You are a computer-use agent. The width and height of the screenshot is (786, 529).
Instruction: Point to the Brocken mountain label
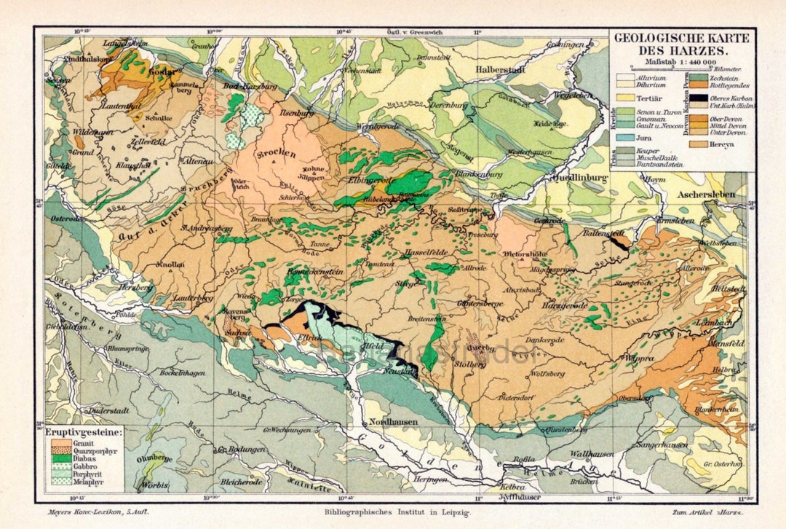(276, 154)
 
